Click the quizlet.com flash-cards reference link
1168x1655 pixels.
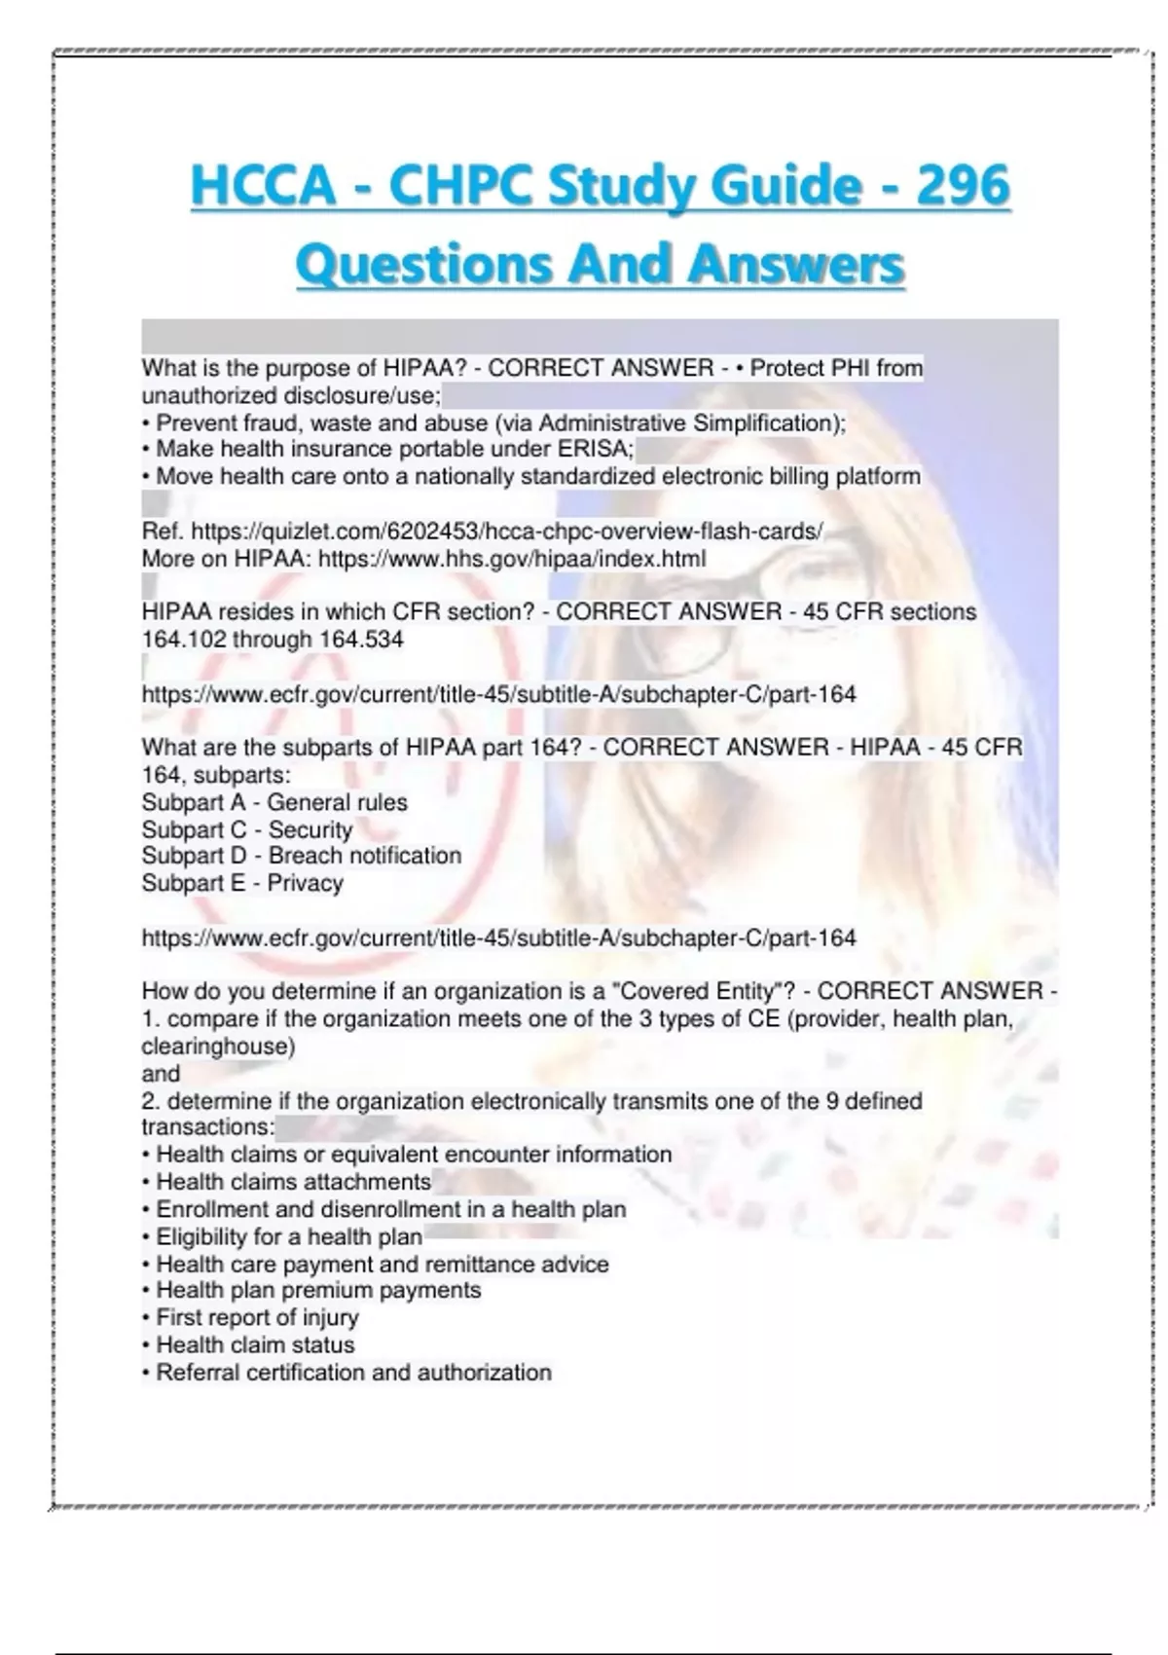point(507,532)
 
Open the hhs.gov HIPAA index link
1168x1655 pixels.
point(512,559)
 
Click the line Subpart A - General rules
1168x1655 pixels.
point(274,803)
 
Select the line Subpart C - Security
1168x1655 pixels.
point(247,830)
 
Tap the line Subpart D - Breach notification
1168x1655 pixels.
point(302,856)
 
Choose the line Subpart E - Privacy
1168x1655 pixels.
point(242,883)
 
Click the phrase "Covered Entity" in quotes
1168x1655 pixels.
point(694,992)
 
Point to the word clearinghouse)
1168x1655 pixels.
point(218,1047)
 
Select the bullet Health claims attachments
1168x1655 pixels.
point(293,1182)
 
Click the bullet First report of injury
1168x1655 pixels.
point(257,1317)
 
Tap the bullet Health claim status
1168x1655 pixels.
point(255,1344)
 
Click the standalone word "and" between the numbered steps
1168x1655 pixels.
point(161,1074)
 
